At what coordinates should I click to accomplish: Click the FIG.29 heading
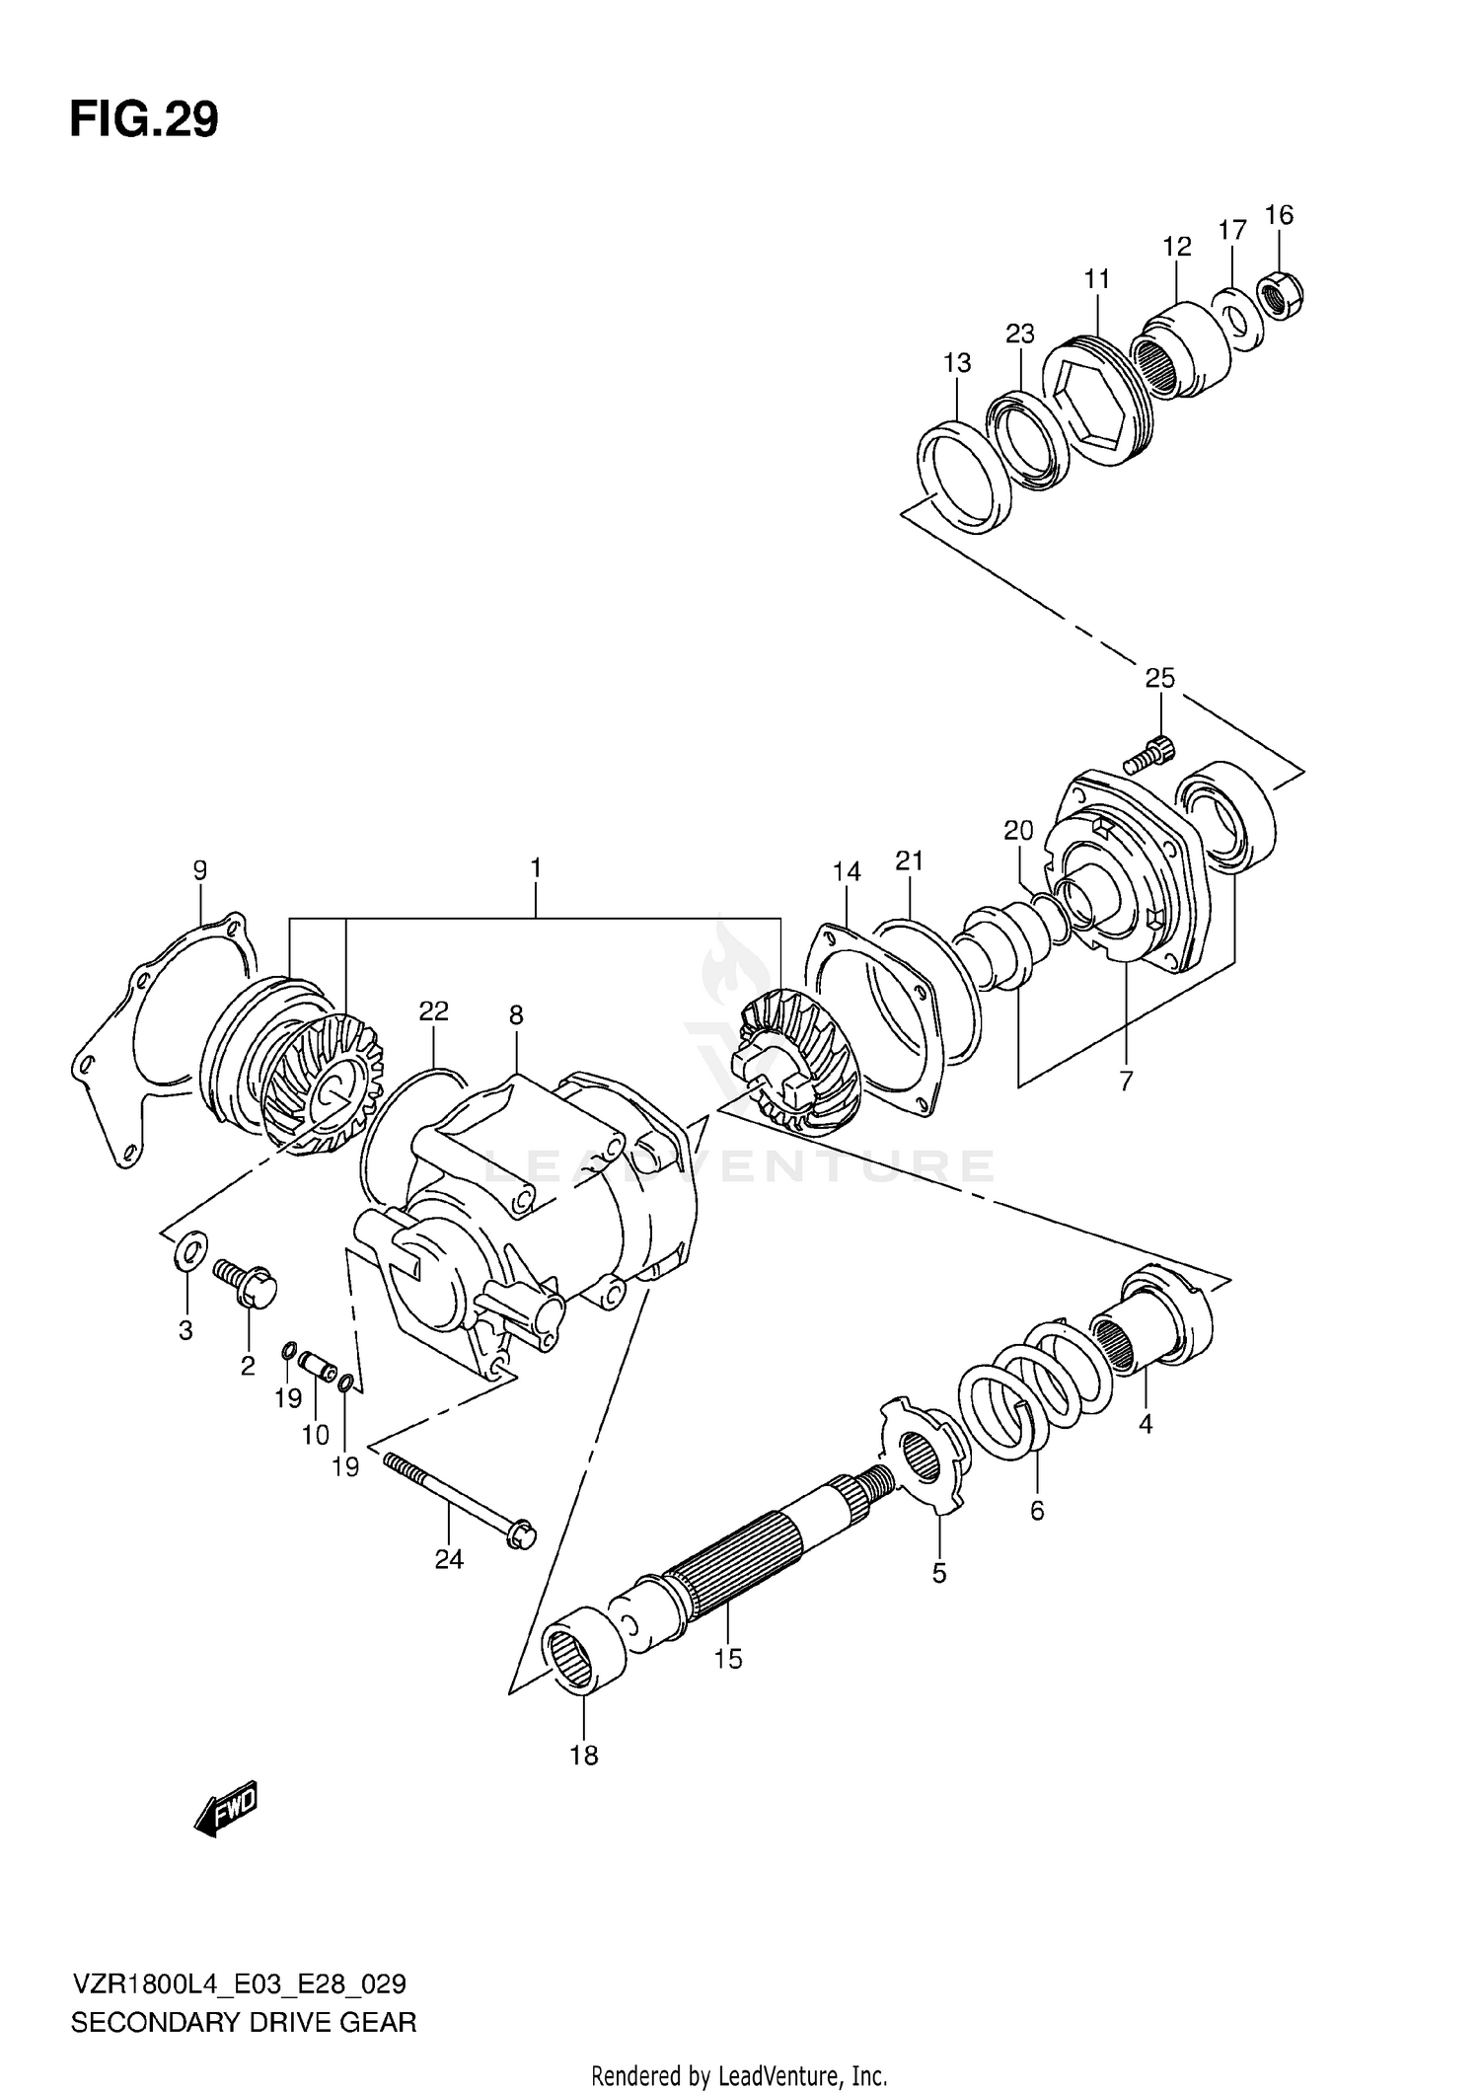click(x=144, y=120)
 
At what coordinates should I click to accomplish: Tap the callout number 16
click(x=1278, y=215)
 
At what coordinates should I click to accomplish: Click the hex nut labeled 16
click(x=1282, y=295)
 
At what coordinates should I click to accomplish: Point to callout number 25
click(x=1160, y=678)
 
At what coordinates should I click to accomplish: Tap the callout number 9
click(x=200, y=870)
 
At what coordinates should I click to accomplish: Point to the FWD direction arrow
click(x=226, y=1808)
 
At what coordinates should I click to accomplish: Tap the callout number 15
click(x=727, y=1659)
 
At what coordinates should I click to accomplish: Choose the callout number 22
click(x=433, y=1010)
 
